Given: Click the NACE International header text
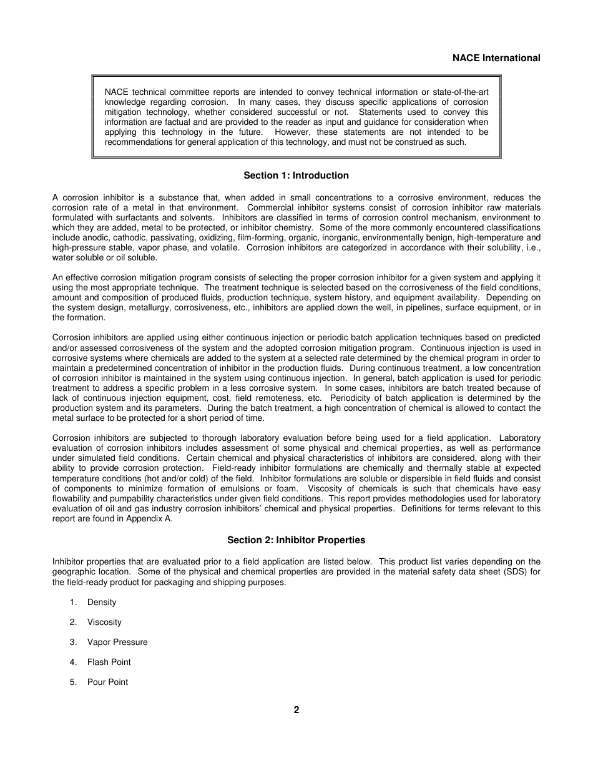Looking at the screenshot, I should click(x=496, y=58).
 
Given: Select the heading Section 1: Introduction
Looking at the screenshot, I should click(x=296, y=175).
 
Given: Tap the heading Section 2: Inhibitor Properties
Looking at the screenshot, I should click(x=296, y=540).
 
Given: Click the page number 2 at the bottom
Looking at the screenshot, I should click(x=296, y=709).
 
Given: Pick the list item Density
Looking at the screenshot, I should click(x=102, y=603).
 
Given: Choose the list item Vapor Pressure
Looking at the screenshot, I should click(x=117, y=642).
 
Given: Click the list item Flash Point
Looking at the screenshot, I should click(x=109, y=662).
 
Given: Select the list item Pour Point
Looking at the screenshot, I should click(x=107, y=682).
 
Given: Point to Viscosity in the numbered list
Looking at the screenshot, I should click(x=104, y=623).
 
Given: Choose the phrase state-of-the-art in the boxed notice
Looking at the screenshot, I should click(x=461, y=92).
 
